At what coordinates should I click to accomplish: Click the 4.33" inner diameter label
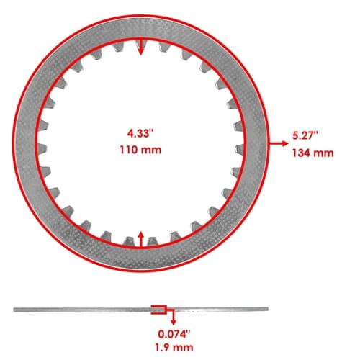[x=140, y=133]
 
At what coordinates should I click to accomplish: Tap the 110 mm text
[x=140, y=150]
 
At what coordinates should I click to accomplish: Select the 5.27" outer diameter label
[x=305, y=135]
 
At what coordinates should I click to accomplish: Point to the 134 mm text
[x=313, y=153]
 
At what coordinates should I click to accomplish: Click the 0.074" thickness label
[x=174, y=334]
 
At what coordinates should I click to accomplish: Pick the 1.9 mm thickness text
[x=174, y=348]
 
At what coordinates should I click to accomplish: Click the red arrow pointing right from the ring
[x=279, y=143]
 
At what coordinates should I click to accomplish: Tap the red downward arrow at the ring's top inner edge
[x=141, y=47]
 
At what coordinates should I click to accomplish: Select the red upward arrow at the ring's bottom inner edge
[x=141, y=239]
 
